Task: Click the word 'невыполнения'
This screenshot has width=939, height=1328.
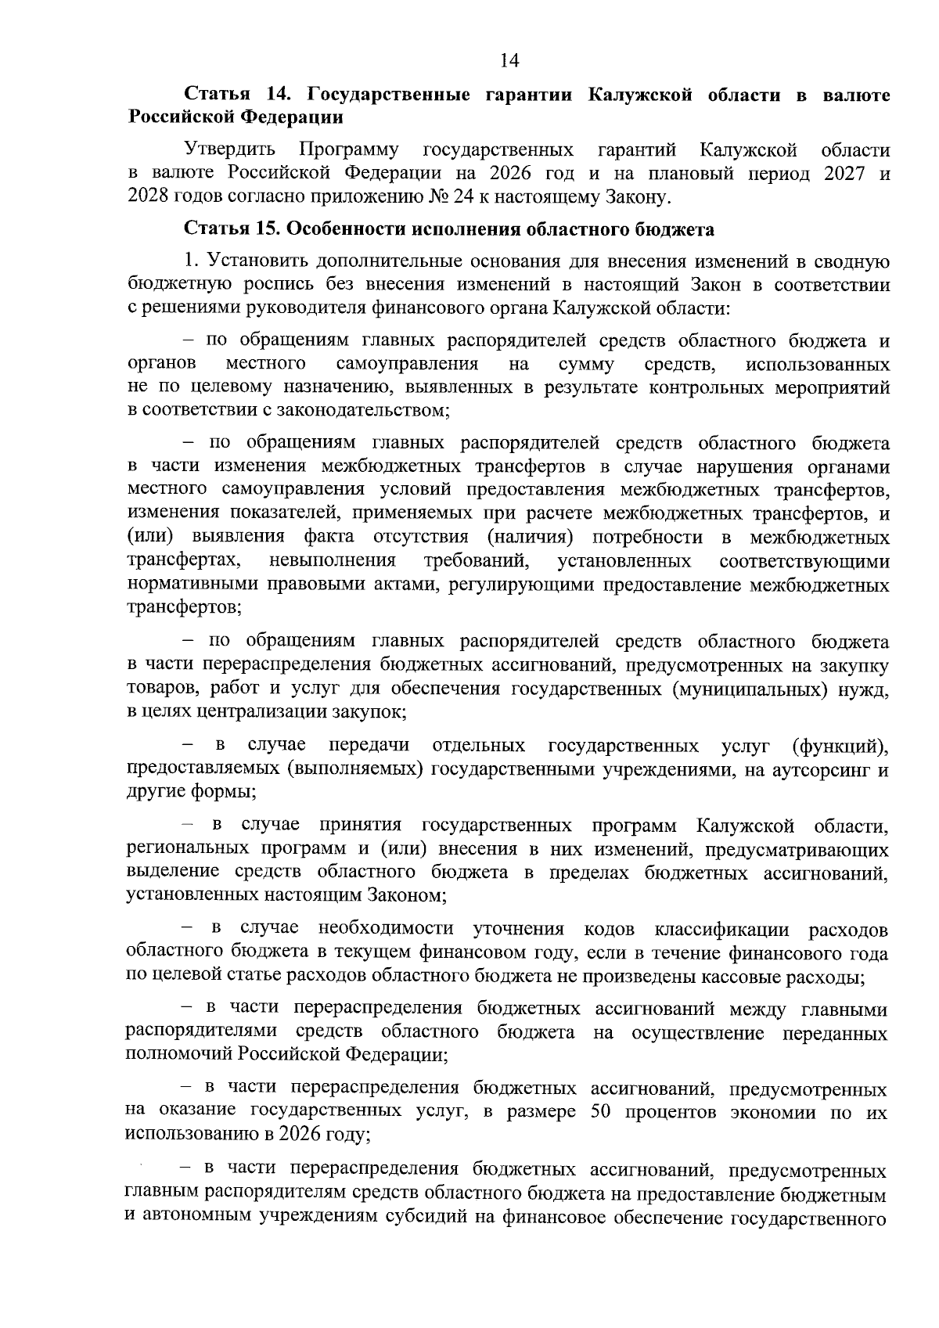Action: pyautogui.click(x=332, y=561)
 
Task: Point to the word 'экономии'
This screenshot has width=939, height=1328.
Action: pyautogui.click(x=764, y=1112)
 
